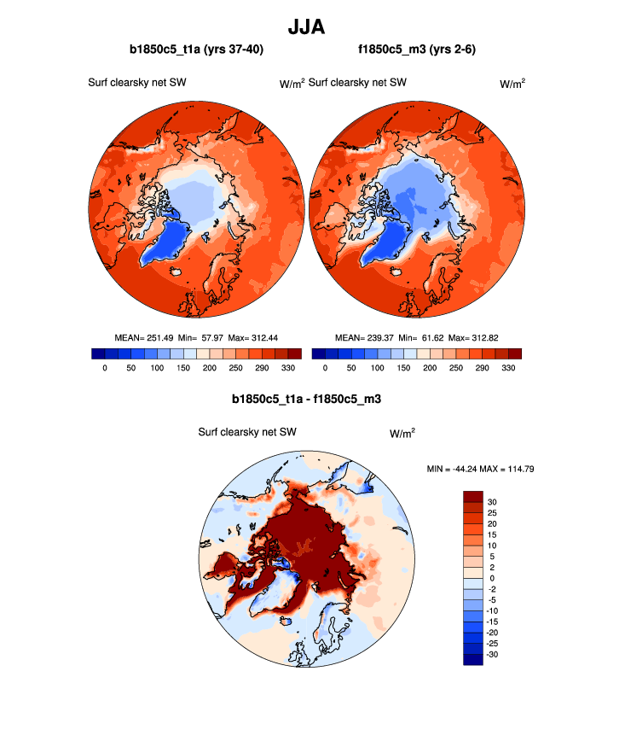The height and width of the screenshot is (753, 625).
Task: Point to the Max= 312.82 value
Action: [473, 337]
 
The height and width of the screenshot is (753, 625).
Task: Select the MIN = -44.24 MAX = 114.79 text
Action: [480, 469]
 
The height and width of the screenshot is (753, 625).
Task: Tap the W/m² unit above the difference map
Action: [402, 433]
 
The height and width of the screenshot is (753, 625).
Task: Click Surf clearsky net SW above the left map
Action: [137, 83]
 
